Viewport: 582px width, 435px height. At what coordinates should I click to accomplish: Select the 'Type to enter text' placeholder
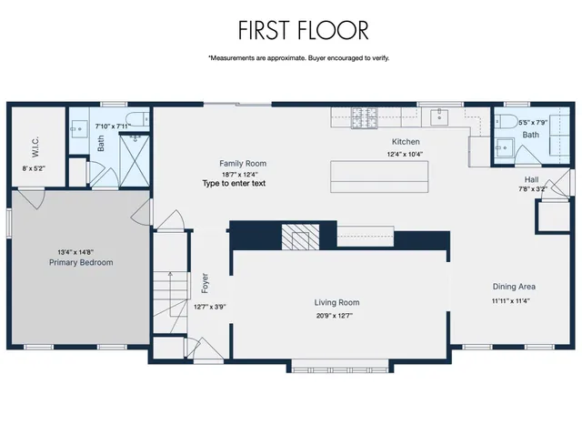(234, 183)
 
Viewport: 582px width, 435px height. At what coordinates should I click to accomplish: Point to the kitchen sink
(440, 116)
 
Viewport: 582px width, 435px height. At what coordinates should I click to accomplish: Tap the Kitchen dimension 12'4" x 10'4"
(405, 154)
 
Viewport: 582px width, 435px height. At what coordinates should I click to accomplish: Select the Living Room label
(336, 303)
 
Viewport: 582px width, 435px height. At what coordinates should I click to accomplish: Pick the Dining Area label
(514, 287)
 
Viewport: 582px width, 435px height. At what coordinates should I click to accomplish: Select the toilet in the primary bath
(137, 118)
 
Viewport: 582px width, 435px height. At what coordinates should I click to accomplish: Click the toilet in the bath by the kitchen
(508, 121)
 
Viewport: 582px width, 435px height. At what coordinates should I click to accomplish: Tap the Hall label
(531, 179)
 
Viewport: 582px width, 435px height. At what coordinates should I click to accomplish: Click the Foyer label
(205, 282)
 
